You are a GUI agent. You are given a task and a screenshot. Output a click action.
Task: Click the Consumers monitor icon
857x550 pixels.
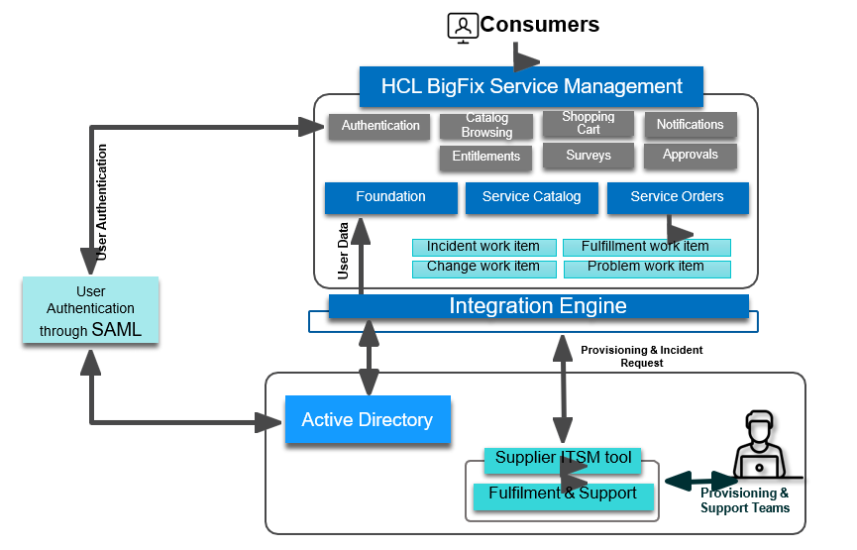(x=462, y=27)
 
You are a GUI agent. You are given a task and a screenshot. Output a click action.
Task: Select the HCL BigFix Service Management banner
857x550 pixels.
(x=531, y=86)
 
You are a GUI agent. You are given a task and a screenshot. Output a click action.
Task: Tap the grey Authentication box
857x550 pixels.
(x=380, y=126)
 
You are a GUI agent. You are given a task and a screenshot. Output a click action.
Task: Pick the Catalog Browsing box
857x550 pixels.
(x=486, y=126)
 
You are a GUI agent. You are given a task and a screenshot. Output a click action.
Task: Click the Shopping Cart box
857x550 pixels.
(x=589, y=123)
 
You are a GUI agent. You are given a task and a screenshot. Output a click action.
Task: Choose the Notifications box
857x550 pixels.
(x=691, y=125)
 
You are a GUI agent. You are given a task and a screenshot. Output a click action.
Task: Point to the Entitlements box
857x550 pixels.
(x=485, y=157)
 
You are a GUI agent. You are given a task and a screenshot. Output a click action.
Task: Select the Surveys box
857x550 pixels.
(x=589, y=156)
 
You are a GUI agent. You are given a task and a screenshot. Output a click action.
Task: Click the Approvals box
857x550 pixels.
(x=691, y=156)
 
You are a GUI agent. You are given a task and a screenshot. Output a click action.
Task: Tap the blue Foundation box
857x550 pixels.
(x=390, y=197)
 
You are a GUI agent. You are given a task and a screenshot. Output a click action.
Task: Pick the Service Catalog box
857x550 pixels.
(x=531, y=197)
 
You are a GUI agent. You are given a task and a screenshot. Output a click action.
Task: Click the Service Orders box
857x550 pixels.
(x=678, y=197)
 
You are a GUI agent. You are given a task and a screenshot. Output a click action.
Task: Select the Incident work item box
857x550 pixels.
(x=483, y=247)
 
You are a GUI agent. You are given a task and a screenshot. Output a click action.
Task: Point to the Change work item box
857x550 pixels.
(x=483, y=268)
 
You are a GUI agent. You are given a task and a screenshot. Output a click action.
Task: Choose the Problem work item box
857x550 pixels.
(x=646, y=268)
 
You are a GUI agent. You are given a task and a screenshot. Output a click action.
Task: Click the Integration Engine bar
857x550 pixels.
(x=538, y=306)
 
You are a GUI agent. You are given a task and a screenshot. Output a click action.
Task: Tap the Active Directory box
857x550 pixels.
(x=368, y=420)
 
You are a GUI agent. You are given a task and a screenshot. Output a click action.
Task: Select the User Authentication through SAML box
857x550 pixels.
(x=91, y=311)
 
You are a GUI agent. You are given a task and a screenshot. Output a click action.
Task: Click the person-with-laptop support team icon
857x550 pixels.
(x=759, y=446)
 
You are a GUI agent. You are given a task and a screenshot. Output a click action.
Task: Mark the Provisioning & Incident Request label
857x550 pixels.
(x=642, y=357)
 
